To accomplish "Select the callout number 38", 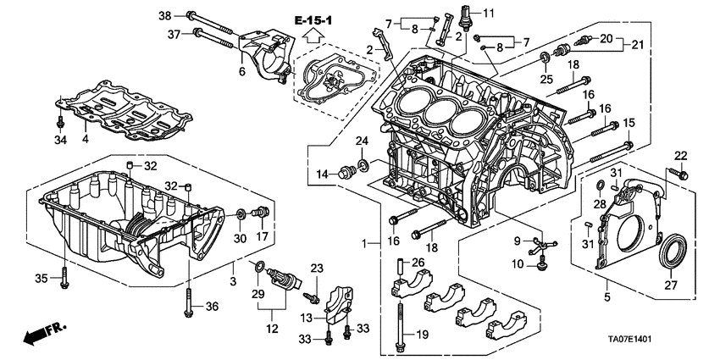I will coord(164,15).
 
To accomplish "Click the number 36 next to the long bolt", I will coord(212,307).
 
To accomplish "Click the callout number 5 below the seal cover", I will coord(607,298).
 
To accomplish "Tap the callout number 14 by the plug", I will coord(323,175).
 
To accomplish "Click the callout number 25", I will coord(547,80).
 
